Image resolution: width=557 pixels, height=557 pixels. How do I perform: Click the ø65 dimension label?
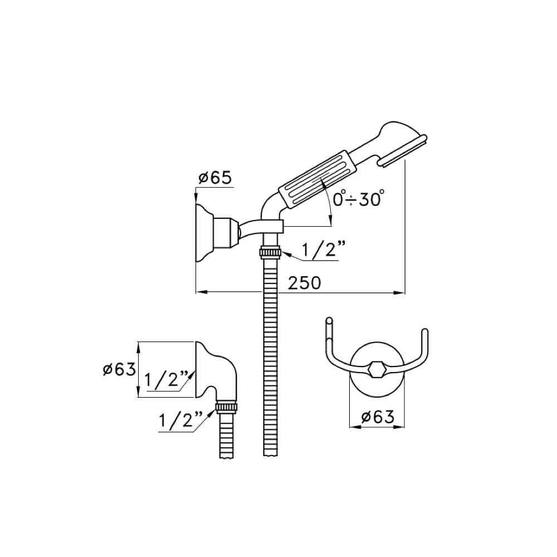[x=215, y=178]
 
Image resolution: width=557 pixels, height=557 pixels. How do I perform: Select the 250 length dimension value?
[x=304, y=283]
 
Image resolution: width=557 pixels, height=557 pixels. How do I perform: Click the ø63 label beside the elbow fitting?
[x=119, y=369]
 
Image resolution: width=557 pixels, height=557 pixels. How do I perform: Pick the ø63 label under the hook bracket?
[x=377, y=417]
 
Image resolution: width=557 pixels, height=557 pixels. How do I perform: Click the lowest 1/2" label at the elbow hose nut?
[x=181, y=421]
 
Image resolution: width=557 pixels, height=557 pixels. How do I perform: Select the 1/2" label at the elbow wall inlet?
[x=166, y=380]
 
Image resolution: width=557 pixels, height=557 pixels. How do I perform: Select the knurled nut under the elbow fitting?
[x=227, y=407]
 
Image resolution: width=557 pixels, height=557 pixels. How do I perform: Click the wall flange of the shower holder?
[x=204, y=233]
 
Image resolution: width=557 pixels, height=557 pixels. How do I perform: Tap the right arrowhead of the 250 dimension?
[x=399, y=293]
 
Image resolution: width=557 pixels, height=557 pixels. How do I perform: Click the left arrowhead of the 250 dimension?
[x=202, y=292]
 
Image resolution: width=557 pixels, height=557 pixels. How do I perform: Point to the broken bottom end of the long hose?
[x=271, y=455]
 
